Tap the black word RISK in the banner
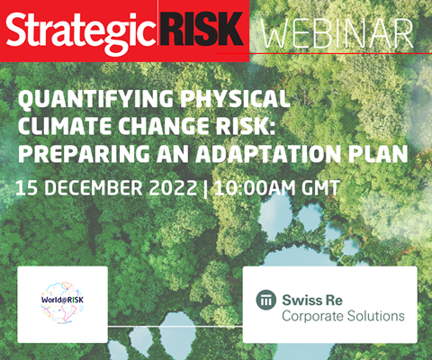click(x=202, y=29)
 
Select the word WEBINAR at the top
click(x=337, y=33)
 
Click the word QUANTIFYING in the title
click(x=95, y=99)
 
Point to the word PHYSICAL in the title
click(x=236, y=98)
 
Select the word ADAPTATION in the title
click(x=268, y=153)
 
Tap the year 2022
click(x=173, y=188)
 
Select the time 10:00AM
click(x=255, y=188)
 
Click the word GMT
click(x=320, y=188)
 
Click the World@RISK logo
click(x=62, y=302)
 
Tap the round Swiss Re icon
click(x=266, y=300)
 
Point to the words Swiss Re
click(x=312, y=300)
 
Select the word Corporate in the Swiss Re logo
click(x=312, y=316)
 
